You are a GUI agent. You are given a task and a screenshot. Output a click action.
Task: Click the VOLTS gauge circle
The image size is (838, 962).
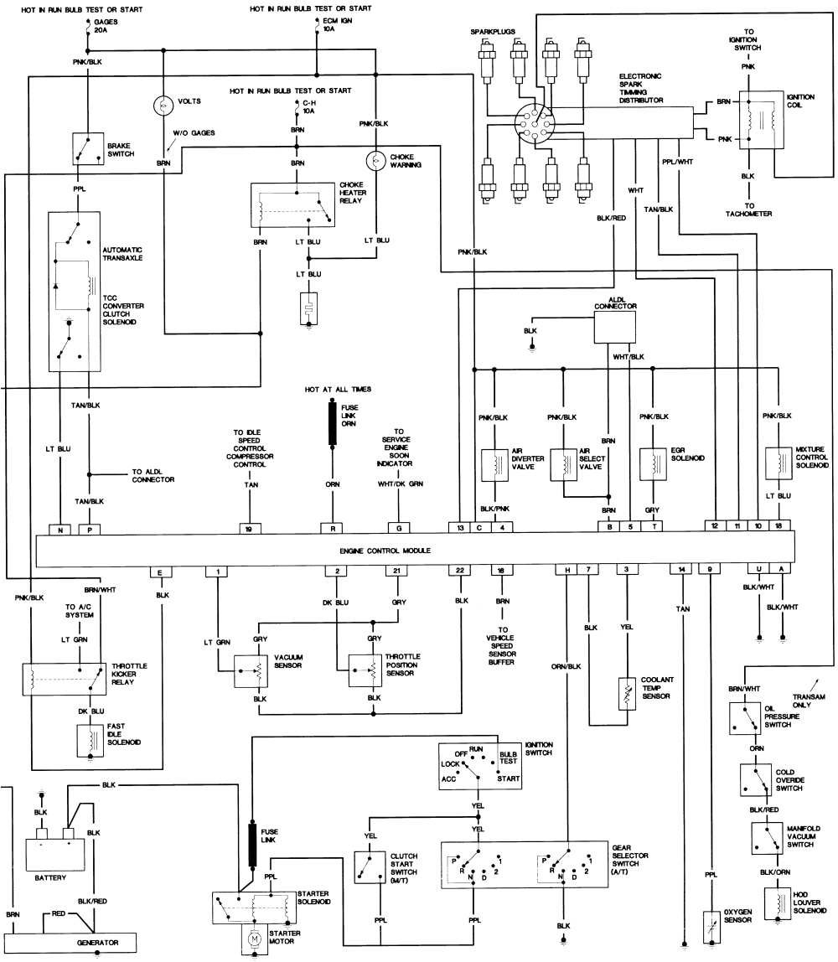coord(162,106)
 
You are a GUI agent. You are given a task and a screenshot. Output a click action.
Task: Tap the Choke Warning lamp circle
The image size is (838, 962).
coord(375,159)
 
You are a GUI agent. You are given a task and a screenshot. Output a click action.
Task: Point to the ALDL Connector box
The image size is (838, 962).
coord(615,327)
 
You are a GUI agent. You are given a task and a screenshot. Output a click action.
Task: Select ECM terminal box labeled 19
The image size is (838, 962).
coord(248,529)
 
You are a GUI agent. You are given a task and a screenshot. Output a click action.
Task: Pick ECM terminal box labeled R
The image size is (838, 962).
coord(334,529)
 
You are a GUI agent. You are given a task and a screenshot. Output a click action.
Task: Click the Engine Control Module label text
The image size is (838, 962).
coord(385,551)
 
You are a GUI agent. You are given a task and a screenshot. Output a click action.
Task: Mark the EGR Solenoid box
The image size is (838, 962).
coord(652,463)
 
